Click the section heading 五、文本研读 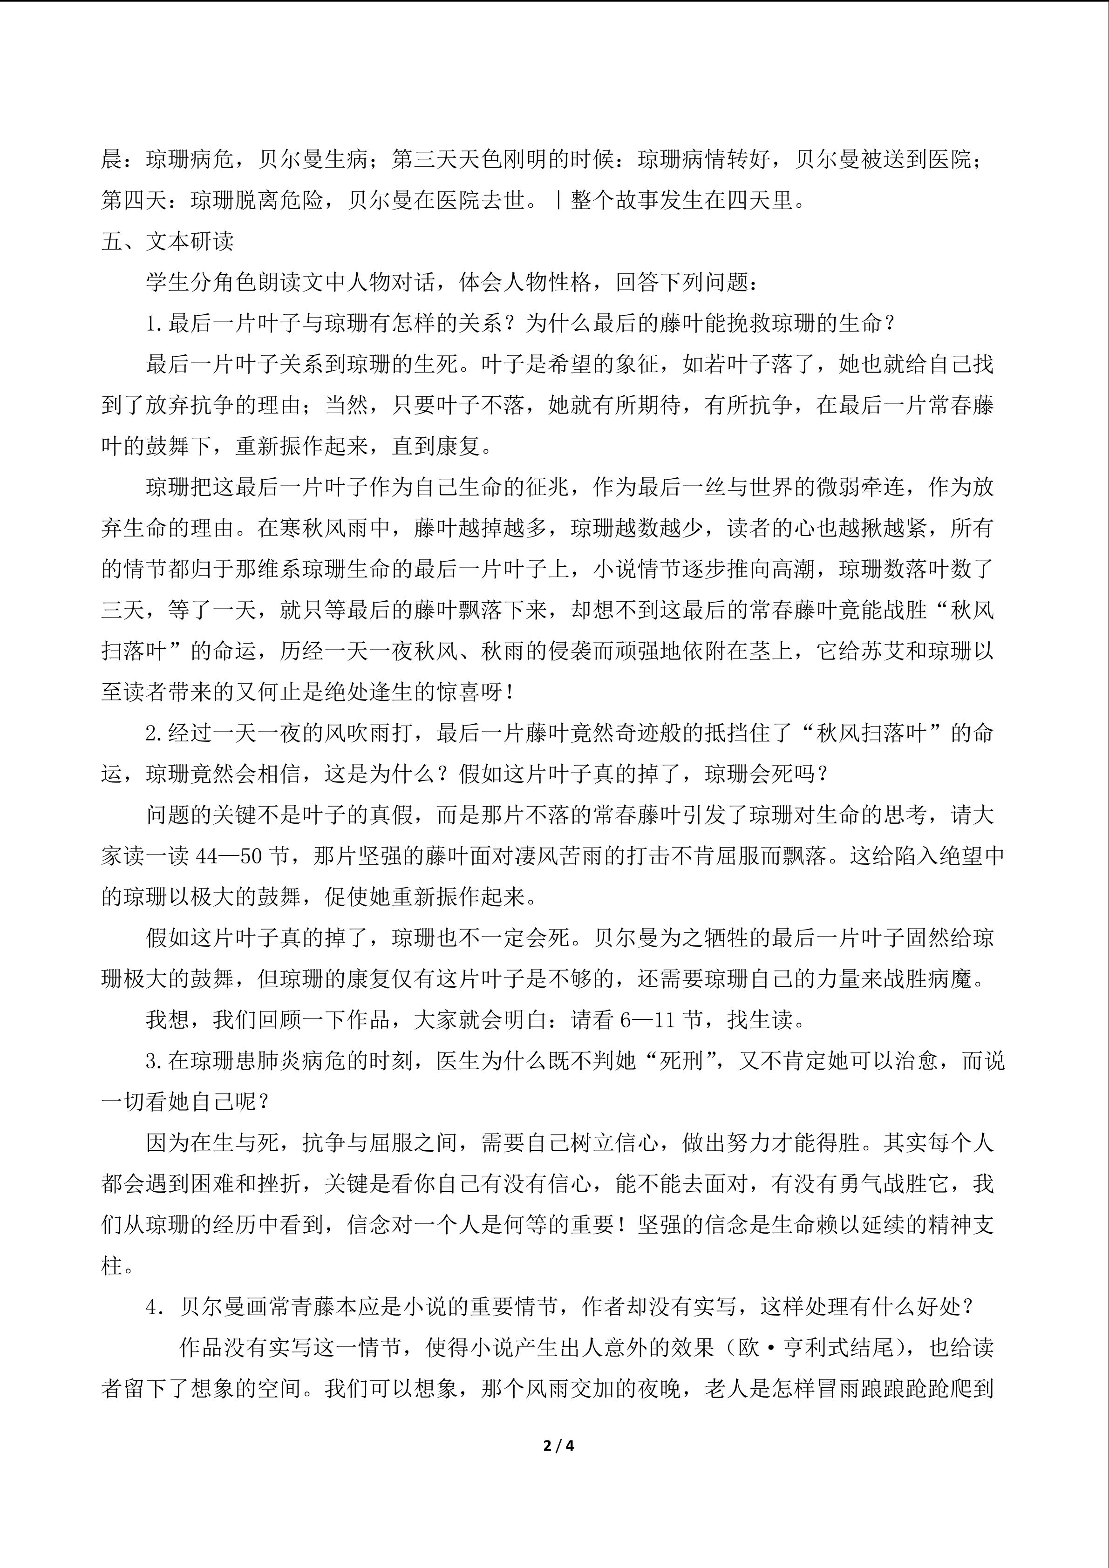167,241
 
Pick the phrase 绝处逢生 369,692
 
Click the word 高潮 794,569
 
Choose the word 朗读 279,282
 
